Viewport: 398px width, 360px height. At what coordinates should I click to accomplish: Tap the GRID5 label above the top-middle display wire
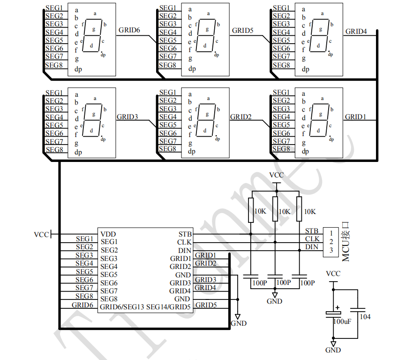[x=242, y=31]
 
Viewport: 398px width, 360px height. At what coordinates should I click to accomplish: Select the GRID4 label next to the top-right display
[x=356, y=31]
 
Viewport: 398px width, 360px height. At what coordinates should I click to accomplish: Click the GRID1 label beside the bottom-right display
[x=355, y=116]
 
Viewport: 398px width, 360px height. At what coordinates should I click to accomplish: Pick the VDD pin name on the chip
[x=108, y=234]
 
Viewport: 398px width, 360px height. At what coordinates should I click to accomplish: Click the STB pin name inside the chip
[x=185, y=234]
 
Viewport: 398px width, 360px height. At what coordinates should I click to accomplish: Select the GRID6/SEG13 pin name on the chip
[x=121, y=307]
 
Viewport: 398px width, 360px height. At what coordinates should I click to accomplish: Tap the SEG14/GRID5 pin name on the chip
[x=169, y=307]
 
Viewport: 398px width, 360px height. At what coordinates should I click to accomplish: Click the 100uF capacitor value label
[x=342, y=321]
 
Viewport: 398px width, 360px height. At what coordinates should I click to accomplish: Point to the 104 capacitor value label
[x=365, y=317]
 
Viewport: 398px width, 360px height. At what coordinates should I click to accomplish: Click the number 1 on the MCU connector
[x=331, y=233]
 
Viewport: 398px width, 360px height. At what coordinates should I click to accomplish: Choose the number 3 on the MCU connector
[x=331, y=250]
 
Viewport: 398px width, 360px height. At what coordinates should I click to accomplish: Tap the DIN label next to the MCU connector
[x=312, y=247]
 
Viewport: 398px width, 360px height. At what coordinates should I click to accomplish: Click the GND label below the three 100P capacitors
[x=275, y=301]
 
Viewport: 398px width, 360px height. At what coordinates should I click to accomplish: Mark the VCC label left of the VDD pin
[x=41, y=234]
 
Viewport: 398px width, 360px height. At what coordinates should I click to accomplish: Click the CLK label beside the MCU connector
[x=312, y=239]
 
